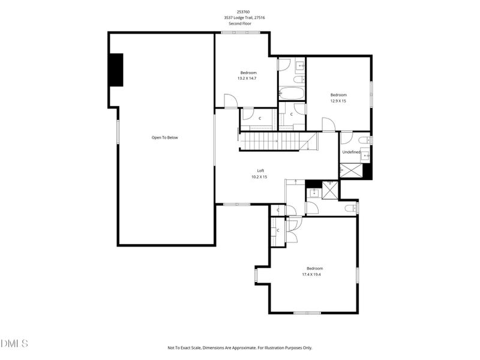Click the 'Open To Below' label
164,137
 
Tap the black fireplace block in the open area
115,70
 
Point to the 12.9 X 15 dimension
338,101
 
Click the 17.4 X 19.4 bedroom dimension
314,274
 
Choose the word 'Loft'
260,170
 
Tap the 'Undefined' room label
351,152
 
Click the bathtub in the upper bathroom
292,94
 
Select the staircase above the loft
259,142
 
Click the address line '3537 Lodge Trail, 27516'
244,17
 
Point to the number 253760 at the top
244,11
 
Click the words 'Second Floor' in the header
244,23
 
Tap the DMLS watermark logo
14,344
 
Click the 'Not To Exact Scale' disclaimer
240,347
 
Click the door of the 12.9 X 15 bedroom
328,124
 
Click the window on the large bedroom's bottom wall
308,313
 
